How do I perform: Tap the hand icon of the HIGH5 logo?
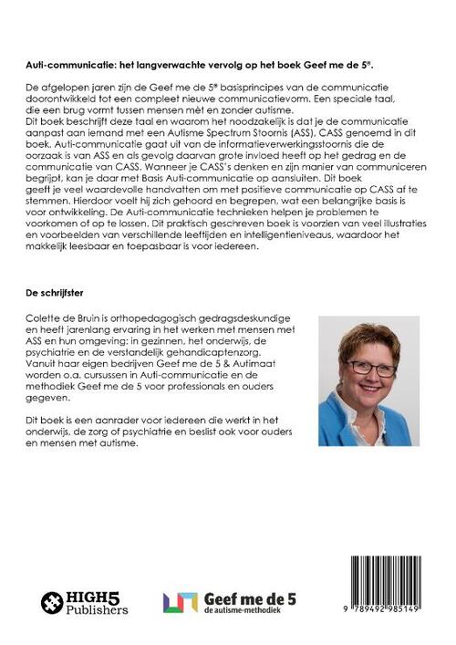[53, 604]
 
